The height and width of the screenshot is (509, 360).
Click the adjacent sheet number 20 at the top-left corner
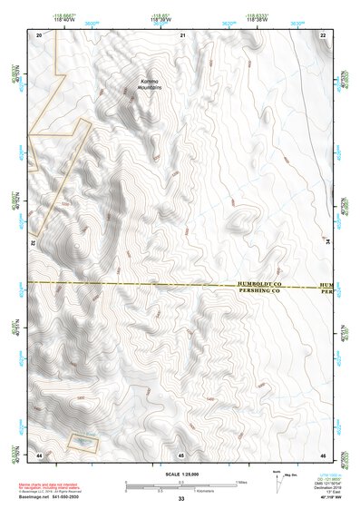(38, 34)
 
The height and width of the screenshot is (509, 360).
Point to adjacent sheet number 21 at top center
(181, 34)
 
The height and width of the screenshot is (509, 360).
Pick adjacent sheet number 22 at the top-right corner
(324, 34)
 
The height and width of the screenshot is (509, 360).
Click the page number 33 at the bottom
(181, 499)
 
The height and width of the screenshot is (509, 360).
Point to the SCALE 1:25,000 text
(181, 474)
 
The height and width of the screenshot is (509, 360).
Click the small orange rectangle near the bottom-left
(83, 440)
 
